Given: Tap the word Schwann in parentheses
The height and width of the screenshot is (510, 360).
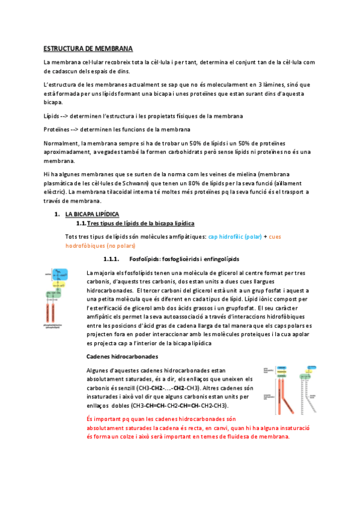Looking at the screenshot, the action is pyautogui.click(x=159, y=183).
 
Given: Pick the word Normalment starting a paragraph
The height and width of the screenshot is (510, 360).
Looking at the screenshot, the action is pyautogui.click(x=61, y=143).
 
